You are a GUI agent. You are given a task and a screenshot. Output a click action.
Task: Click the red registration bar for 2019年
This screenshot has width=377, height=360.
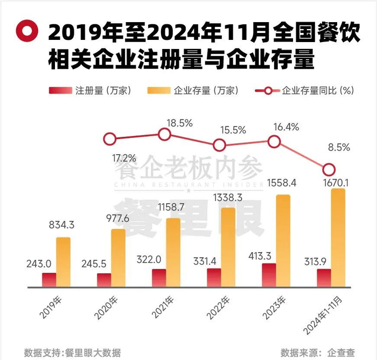coord(49,280)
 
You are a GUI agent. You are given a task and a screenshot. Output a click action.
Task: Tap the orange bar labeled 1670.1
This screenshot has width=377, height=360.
coord(338,237)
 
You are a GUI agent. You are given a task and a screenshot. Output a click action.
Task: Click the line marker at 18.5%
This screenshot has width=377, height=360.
coord(164,135)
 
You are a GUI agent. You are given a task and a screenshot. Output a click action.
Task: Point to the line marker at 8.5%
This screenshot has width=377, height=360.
coord(329,169)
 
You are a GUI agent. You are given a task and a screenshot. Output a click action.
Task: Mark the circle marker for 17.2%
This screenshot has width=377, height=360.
coord(110,140)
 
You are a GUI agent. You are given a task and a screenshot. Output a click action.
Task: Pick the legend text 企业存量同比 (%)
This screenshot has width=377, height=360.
coord(318,91)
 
